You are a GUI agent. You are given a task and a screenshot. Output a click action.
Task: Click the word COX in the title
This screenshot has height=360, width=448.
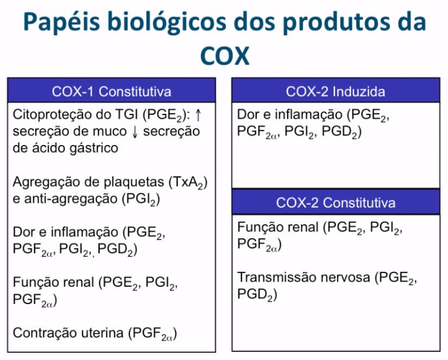point(225,56)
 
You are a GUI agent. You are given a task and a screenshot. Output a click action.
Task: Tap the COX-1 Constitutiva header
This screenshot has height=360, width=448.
point(111,92)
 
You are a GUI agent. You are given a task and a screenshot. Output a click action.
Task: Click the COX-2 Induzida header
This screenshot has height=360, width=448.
point(336,92)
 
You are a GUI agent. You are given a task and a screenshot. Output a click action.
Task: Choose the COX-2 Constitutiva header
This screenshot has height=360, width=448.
point(336,203)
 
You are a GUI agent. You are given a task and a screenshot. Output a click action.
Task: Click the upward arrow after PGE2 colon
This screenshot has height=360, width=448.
point(198,115)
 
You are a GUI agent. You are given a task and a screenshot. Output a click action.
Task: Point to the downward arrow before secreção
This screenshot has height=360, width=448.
point(135,132)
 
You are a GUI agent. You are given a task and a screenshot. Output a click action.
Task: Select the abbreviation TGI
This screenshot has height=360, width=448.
point(126,115)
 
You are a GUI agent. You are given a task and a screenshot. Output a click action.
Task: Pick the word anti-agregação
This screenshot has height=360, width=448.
point(71,199)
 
